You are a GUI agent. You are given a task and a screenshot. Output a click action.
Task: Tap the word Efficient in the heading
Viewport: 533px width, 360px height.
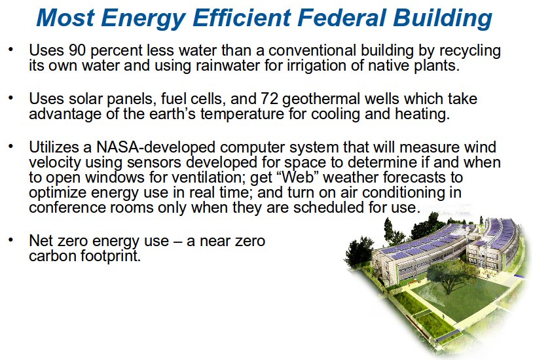pyautogui.click(x=242, y=17)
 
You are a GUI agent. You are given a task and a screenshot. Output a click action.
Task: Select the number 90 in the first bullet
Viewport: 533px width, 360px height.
pyautogui.click(x=77, y=50)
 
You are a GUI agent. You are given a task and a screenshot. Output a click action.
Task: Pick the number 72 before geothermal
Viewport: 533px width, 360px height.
pyautogui.click(x=270, y=99)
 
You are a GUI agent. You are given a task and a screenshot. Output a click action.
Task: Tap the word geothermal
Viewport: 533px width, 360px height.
pyautogui.click(x=321, y=99)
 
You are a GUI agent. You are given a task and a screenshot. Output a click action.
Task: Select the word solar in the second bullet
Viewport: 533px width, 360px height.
pyautogui.click(x=85, y=99)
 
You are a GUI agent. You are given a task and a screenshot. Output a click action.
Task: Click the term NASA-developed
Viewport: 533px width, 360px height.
pyautogui.click(x=156, y=148)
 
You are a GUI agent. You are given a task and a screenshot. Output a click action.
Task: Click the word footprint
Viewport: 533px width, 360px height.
pyautogui.click(x=111, y=257)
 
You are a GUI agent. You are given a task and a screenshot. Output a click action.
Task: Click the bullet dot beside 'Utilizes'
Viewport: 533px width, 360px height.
pyautogui.click(x=11, y=147)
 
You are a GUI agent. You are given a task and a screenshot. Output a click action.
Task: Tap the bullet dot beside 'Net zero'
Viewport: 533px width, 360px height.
pyautogui.click(x=11, y=240)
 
